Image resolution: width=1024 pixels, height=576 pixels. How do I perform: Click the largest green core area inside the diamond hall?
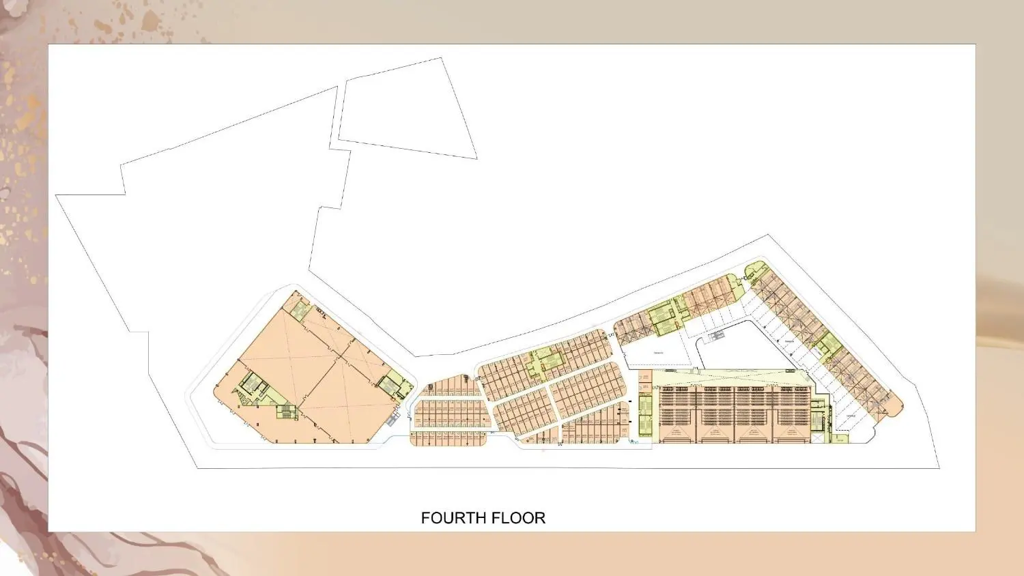pyautogui.click(x=253, y=387)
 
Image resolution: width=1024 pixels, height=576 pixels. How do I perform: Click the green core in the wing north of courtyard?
pyautogui.click(x=662, y=319)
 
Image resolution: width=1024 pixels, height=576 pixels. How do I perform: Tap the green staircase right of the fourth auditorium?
pyautogui.click(x=818, y=420)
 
